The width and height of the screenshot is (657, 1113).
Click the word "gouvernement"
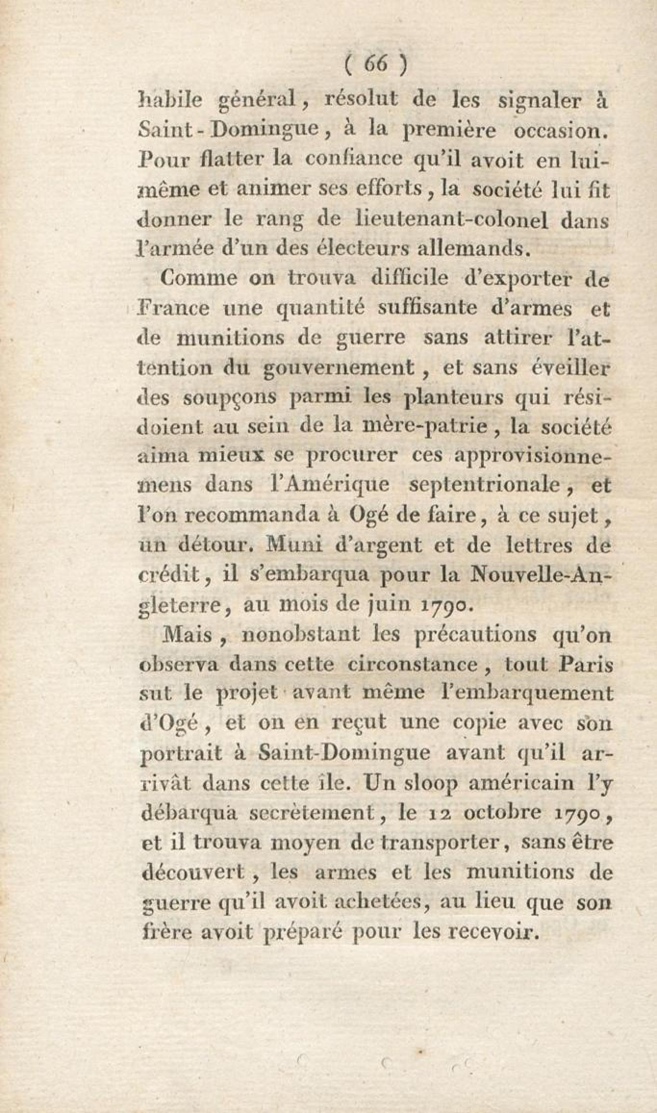[339, 368]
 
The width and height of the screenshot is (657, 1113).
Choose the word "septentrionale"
[482, 485]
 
